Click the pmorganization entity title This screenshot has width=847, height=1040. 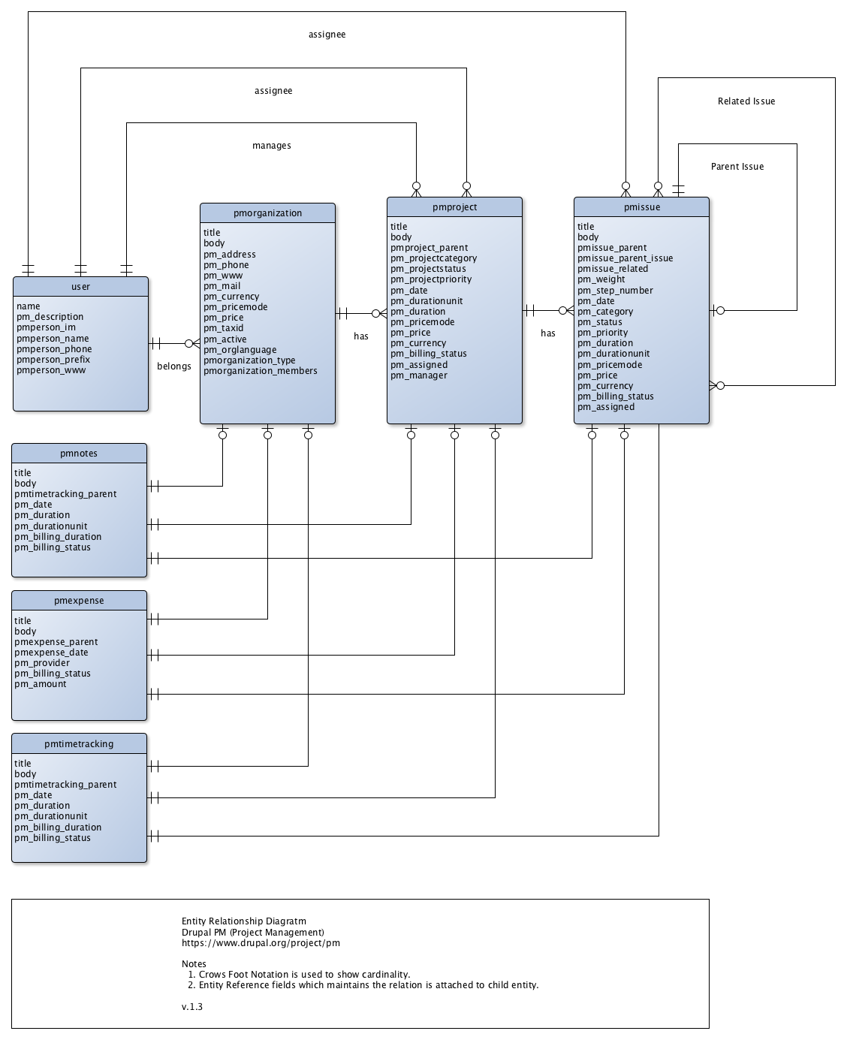267,213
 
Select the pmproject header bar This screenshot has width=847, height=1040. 454,207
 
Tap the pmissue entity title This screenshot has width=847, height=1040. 641,207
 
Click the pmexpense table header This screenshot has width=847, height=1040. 79,601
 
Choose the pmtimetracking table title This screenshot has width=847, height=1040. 79,743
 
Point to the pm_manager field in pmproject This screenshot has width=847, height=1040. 419,375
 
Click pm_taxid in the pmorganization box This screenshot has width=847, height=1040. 223,328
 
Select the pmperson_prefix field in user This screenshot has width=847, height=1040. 53,360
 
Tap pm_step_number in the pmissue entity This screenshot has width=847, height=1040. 615,291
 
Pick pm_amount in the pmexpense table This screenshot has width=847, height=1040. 40,683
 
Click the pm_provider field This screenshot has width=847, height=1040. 42,662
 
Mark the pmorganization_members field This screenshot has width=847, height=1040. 261,371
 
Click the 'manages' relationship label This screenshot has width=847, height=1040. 271,146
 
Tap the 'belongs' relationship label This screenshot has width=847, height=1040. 174,366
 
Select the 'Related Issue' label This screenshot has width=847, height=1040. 746,101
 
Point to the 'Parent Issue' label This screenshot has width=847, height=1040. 737,167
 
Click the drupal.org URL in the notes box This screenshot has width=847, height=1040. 261,943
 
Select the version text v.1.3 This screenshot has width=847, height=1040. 192,1006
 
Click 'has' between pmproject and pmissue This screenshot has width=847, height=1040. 547,333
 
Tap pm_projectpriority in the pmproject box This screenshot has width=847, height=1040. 431,279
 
